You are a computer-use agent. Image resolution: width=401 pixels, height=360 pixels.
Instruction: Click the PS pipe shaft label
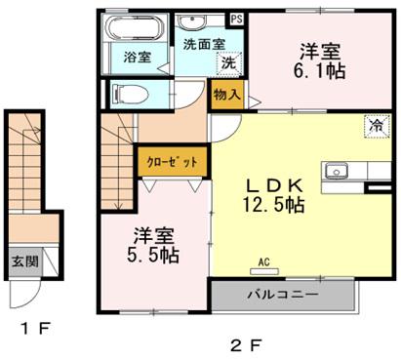tap(236, 19)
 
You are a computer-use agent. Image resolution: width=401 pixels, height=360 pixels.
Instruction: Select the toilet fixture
tap(130, 95)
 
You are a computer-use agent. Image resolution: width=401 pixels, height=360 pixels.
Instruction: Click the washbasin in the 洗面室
tap(192, 22)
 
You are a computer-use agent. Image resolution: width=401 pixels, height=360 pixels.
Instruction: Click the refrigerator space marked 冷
tap(378, 127)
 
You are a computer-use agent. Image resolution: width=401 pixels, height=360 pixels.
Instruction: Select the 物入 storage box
tap(226, 95)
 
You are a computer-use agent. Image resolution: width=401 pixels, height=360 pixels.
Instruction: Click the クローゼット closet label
tap(173, 162)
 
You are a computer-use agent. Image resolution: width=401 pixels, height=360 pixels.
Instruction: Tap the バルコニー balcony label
tap(283, 295)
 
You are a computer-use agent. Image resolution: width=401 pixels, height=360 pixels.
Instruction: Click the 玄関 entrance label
tap(25, 261)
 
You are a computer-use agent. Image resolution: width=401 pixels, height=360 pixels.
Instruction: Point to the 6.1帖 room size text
tap(320, 71)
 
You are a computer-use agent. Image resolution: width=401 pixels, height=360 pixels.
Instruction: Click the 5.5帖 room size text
tap(153, 256)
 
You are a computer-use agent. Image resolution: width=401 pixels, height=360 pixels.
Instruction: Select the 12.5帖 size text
tap(274, 205)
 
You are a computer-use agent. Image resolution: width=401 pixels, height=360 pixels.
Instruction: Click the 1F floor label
tap(36, 329)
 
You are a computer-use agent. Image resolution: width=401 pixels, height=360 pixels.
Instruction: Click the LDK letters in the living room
tap(275, 186)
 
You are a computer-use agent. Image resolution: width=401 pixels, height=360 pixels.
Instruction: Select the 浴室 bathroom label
tap(138, 58)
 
